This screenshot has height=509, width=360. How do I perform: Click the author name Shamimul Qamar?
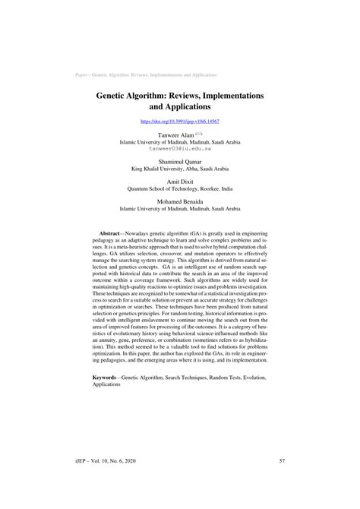[179, 163]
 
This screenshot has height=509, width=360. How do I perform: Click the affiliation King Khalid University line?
[180, 170]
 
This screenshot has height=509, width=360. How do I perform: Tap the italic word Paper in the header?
[83, 75]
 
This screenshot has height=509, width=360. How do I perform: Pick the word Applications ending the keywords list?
[106, 385]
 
